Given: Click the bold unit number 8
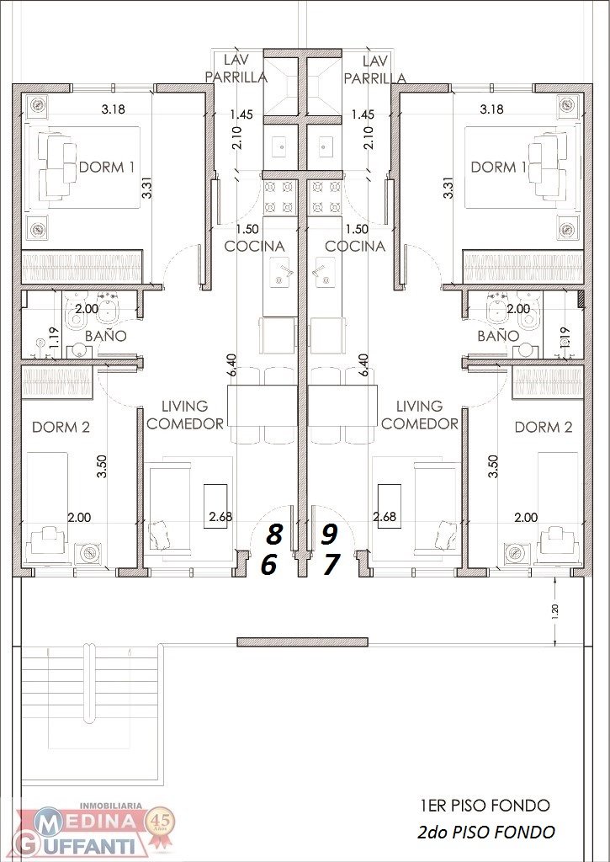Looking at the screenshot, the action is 274,533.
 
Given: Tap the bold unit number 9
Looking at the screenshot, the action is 329,533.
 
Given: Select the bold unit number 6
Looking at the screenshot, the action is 268,565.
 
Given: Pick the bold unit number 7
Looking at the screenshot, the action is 331,565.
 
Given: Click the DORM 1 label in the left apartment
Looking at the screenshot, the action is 107,168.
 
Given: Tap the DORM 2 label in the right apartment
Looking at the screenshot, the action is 544,427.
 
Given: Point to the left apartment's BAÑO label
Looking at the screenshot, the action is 106,335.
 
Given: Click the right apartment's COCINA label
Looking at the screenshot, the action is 355,247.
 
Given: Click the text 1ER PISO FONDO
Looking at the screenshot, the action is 485,806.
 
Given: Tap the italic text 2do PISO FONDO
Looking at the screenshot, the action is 485,833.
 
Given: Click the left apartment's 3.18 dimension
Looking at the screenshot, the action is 114,109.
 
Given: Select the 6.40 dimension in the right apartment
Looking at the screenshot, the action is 363,365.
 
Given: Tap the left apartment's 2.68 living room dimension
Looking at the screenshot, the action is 220,517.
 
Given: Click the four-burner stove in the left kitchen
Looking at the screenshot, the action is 279,197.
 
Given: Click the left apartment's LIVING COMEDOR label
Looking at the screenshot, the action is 185,415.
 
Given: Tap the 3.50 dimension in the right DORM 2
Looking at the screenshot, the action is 493,466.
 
